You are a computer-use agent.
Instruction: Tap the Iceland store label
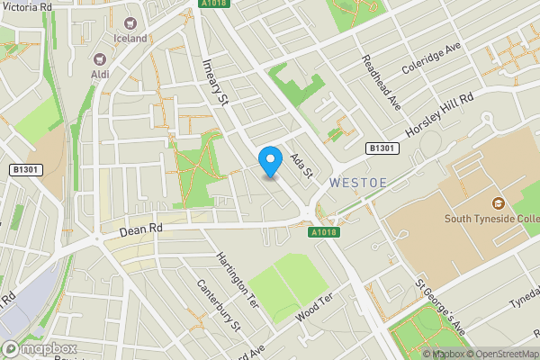pyautogui.click(x=130, y=38)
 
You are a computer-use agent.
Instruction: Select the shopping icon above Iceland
pyautogui.click(x=130, y=22)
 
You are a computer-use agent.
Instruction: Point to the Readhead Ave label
pyautogui.click(x=381, y=82)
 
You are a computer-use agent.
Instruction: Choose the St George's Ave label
pyautogui.click(x=440, y=309)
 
